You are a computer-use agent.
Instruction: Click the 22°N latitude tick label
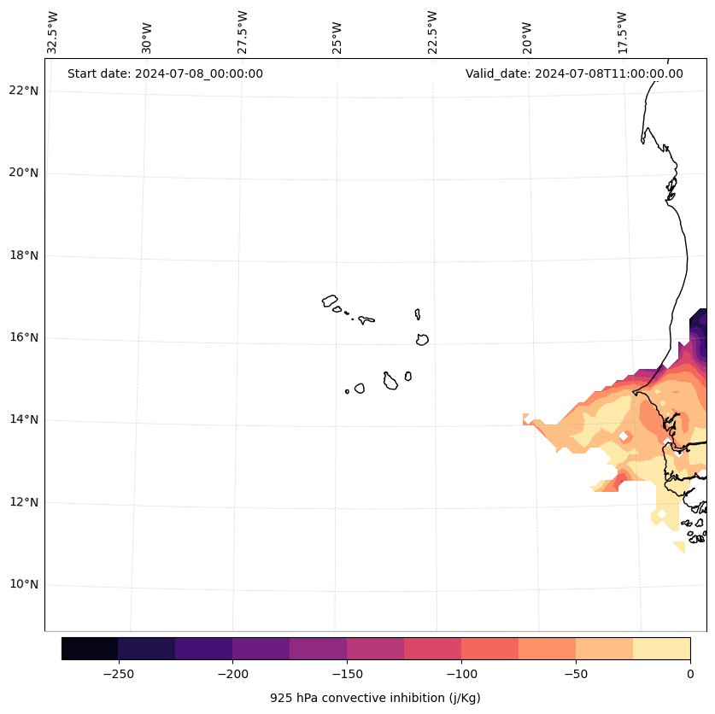[24, 91]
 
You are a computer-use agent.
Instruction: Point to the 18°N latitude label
[24, 255]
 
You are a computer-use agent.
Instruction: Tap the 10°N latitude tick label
[24, 585]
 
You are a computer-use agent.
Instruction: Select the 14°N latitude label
[24, 420]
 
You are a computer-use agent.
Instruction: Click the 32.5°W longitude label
[53, 32]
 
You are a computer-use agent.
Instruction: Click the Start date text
[165, 73]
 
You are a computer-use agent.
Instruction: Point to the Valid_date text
[574, 73]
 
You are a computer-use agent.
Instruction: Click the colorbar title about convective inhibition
[375, 698]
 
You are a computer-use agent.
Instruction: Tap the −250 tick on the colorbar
[118, 674]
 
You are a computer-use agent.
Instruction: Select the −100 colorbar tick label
[461, 674]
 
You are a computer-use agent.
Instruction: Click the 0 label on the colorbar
[689, 674]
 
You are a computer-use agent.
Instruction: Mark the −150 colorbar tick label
[347, 674]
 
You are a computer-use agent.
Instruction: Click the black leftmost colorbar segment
[90, 648]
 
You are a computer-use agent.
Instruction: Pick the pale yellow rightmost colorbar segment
[661, 648]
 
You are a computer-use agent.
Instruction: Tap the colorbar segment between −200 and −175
[261, 648]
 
